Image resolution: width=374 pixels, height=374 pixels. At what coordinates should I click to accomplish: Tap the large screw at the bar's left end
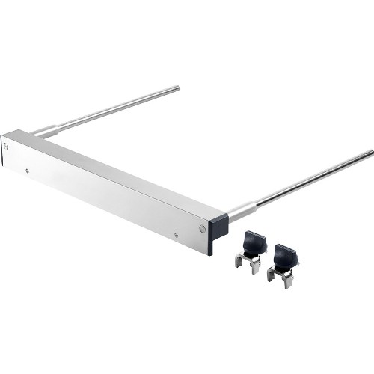7,147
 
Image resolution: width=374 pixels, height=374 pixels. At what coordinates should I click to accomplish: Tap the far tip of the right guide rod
370,153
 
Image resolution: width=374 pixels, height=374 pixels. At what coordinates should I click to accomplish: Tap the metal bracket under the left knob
249,264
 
